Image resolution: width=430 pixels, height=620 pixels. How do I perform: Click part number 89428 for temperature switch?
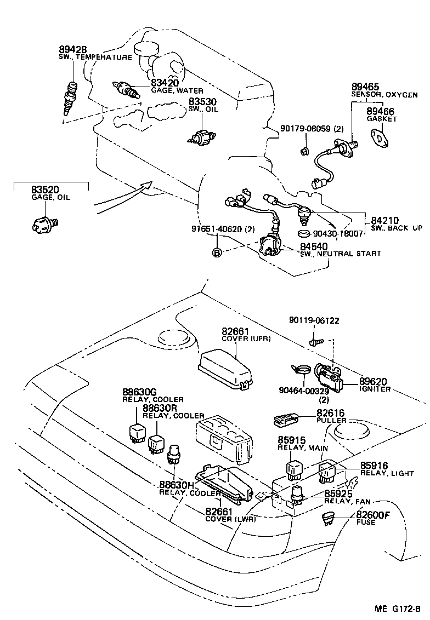point(72,50)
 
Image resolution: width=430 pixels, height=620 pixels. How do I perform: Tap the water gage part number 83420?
point(165,83)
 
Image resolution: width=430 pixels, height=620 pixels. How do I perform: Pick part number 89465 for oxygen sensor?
point(365,87)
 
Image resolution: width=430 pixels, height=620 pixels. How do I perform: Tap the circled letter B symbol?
point(217,252)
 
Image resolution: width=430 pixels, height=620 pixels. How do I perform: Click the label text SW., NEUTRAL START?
point(340,254)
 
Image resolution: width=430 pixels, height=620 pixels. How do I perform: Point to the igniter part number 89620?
point(373,382)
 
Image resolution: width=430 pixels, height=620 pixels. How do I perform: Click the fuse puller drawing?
point(284,420)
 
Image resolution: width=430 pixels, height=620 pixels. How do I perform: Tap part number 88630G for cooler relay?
point(139,392)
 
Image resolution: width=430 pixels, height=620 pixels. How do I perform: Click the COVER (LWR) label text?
point(230,519)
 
